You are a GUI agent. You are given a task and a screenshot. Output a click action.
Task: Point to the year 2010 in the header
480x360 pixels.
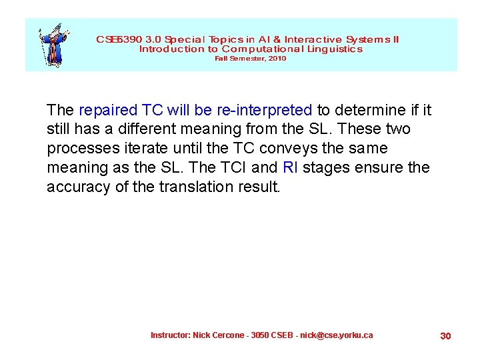(277, 59)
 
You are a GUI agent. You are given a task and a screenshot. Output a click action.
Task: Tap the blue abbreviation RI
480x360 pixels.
(291, 167)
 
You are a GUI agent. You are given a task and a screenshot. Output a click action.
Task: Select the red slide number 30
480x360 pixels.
(445, 336)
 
